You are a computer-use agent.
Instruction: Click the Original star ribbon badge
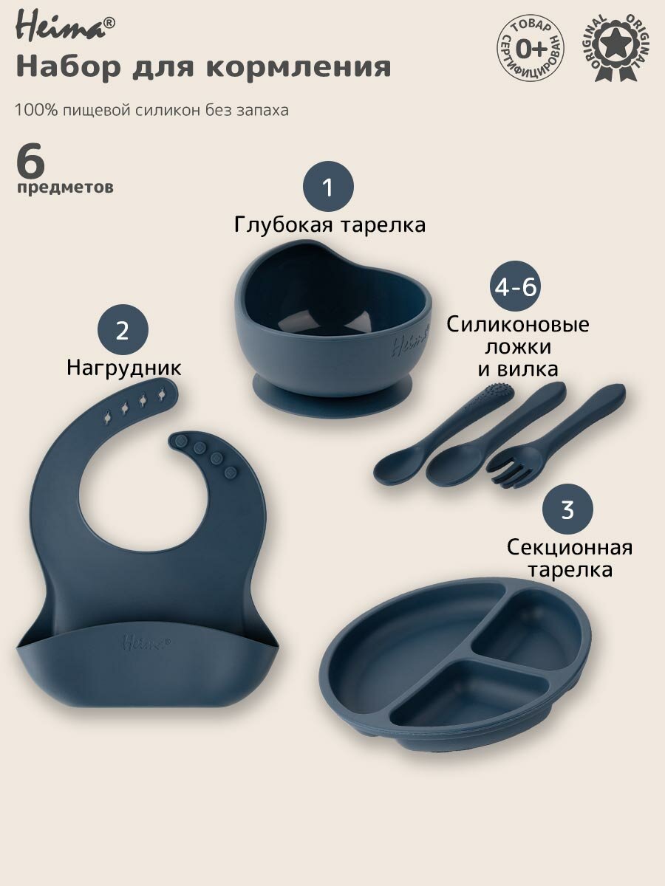622,47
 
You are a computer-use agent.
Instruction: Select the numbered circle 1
328,188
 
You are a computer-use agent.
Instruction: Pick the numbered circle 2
123,331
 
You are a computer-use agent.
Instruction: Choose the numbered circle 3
567,510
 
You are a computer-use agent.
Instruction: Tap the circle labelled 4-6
516,288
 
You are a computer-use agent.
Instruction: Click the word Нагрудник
123,367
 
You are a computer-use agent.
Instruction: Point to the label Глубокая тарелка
330,224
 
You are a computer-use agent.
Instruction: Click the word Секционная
570,547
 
